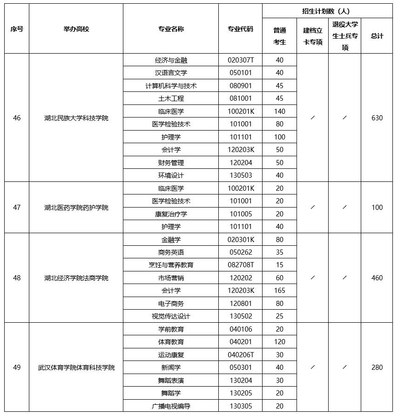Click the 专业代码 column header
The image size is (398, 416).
[x=240, y=29]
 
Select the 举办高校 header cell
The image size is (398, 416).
[x=76, y=29]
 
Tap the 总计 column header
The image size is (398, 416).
[x=377, y=36]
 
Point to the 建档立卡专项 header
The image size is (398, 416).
[x=312, y=36]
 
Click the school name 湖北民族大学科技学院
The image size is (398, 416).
[x=76, y=118]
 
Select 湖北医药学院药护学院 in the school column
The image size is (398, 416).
[x=76, y=208]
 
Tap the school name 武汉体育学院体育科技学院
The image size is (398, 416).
[x=76, y=367]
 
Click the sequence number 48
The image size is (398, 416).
[x=17, y=278]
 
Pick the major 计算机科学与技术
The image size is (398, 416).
[x=171, y=86]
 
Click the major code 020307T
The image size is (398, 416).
[x=240, y=60]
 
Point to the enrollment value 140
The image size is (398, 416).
[x=279, y=111]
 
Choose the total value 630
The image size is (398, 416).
[x=377, y=118]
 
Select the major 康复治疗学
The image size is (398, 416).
[x=171, y=214]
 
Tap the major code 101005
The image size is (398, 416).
[x=240, y=214]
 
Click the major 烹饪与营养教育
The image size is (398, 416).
[x=171, y=265]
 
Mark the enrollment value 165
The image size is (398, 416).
[x=279, y=291]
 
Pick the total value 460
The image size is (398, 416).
[x=377, y=278]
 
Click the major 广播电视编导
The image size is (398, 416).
[x=171, y=406]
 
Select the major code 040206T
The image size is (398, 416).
[x=240, y=355]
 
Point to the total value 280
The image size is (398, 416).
[x=377, y=367]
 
